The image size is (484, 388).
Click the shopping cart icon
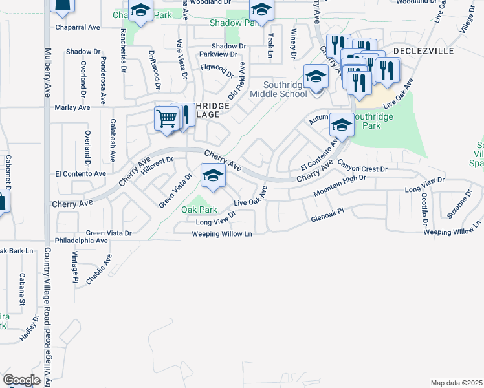point(167,119)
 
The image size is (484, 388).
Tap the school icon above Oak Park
point(213,175)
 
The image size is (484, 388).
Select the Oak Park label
point(199,210)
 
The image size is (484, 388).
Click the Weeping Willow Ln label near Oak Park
point(221,233)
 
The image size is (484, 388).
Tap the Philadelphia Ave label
point(81,240)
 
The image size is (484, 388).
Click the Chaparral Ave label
point(77,28)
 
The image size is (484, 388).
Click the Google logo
point(22,380)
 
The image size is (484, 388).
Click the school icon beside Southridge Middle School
point(315,78)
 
